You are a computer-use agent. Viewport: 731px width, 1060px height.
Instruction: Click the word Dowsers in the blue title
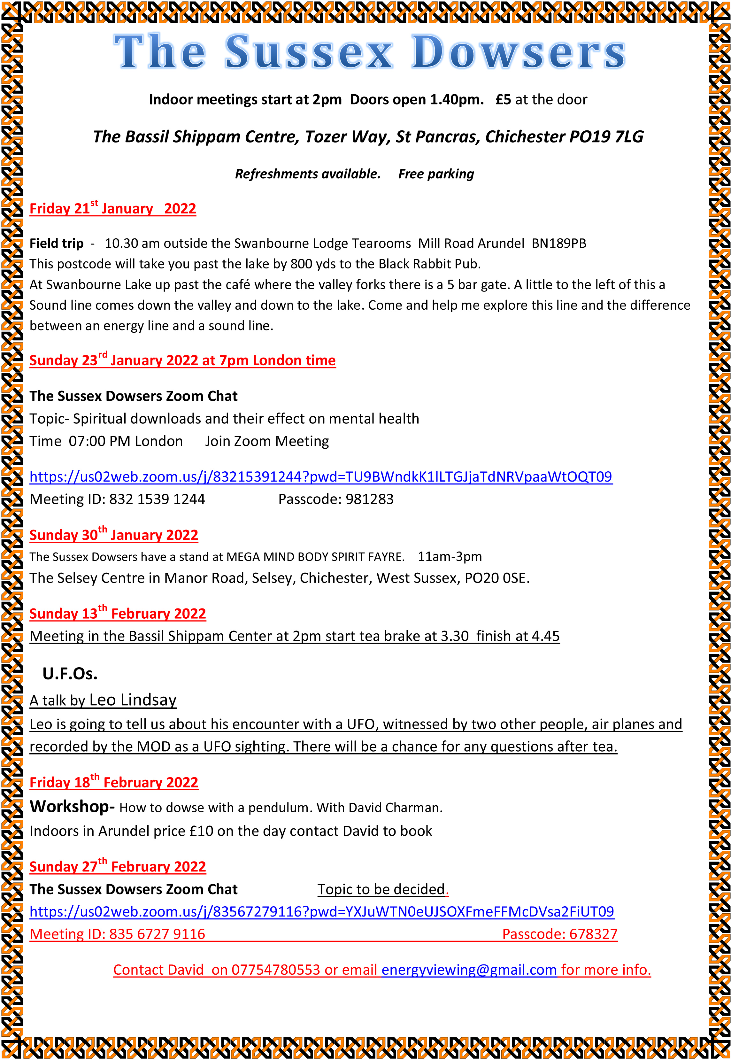click(x=519, y=52)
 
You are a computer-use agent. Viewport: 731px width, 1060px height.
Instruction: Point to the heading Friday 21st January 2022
click(x=113, y=208)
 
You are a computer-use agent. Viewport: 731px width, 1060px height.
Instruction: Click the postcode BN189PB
click(x=558, y=243)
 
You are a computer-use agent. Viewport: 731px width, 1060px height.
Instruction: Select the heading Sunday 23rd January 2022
click(x=182, y=360)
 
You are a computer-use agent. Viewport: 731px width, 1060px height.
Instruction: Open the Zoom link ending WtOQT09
click(x=321, y=477)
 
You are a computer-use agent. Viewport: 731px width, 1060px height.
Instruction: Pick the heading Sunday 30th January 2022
click(x=114, y=535)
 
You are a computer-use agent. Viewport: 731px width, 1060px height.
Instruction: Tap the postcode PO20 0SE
click(x=496, y=578)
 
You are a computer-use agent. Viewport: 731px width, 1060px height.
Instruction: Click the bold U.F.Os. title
click(x=70, y=674)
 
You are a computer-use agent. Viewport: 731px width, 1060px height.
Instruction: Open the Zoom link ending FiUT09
click(x=321, y=912)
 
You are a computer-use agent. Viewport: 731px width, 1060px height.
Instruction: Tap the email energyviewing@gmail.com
click(x=469, y=970)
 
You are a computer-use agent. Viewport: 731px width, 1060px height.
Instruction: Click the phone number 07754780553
click(x=275, y=970)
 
